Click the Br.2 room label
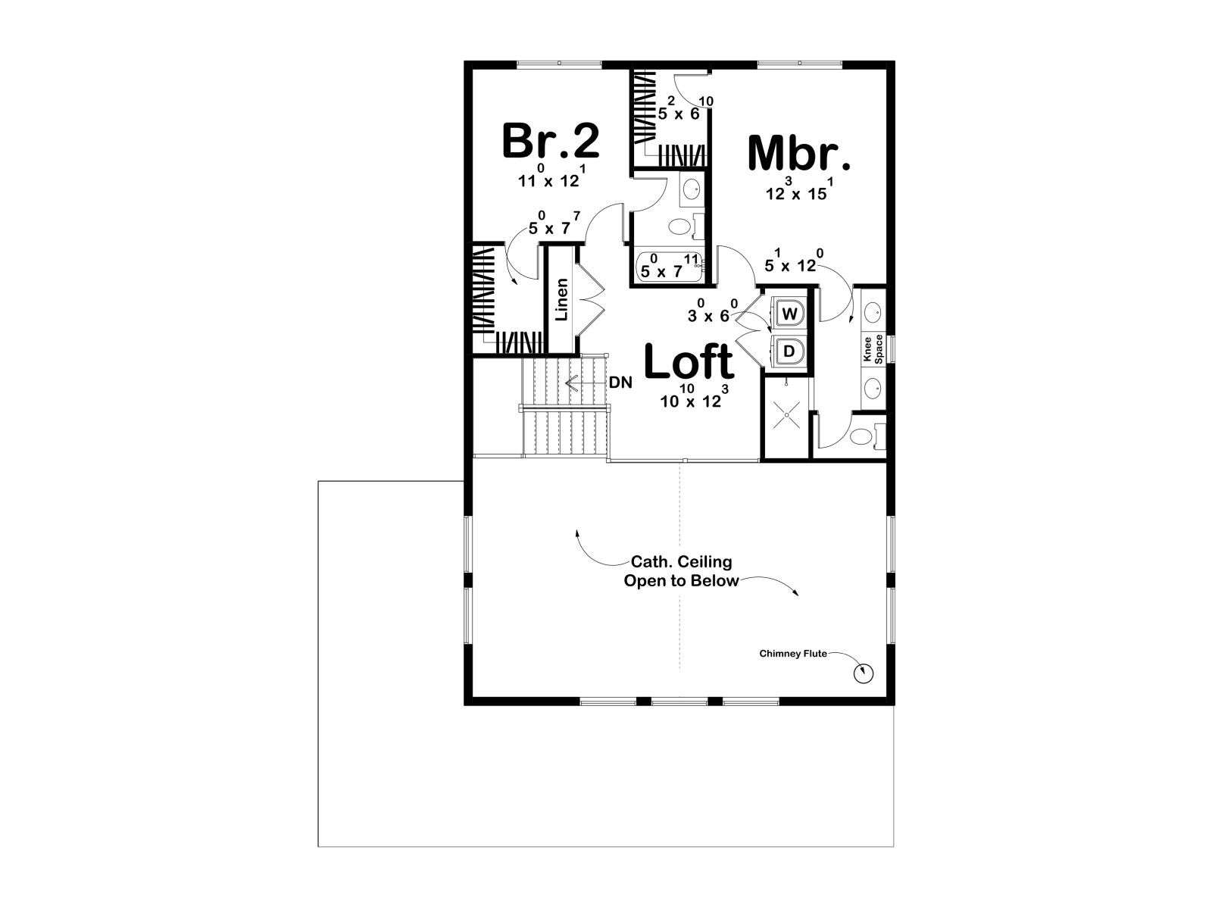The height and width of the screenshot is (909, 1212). point(551,141)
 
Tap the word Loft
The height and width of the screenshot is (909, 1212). point(689,361)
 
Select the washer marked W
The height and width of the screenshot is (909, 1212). point(789,314)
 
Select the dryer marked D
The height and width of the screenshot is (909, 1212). point(789,351)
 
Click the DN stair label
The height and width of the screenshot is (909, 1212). point(620,383)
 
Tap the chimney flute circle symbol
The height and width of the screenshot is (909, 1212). point(863,673)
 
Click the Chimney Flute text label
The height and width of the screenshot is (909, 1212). point(793,654)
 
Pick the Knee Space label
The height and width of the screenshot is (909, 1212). point(873,348)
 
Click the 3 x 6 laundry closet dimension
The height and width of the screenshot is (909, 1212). point(712,311)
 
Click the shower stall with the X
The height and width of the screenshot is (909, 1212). point(785,416)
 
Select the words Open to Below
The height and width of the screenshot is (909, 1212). point(681,580)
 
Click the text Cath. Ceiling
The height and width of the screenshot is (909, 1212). point(681,562)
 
